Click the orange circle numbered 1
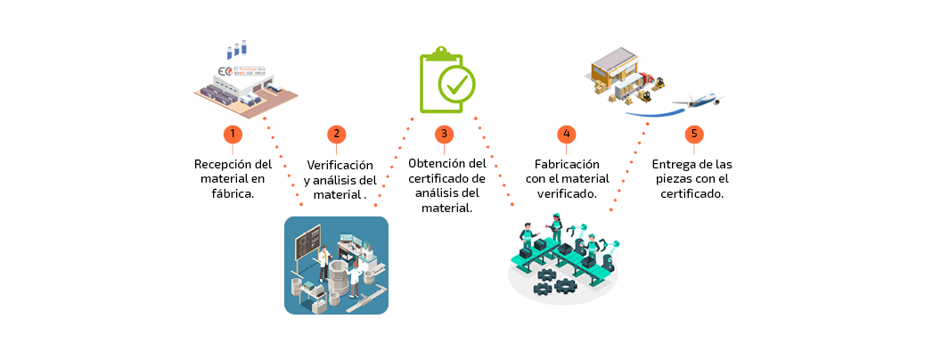click(233, 135)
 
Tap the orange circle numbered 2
click(336, 135)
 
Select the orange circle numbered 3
click(444, 135)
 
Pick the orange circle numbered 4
click(566, 135)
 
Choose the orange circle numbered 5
click(695, 135)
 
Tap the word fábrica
click(233, 192)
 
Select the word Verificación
click(340, 165)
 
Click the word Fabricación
click(566, 164)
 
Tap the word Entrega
click(672, 164)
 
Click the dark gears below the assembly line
click(552, 288)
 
